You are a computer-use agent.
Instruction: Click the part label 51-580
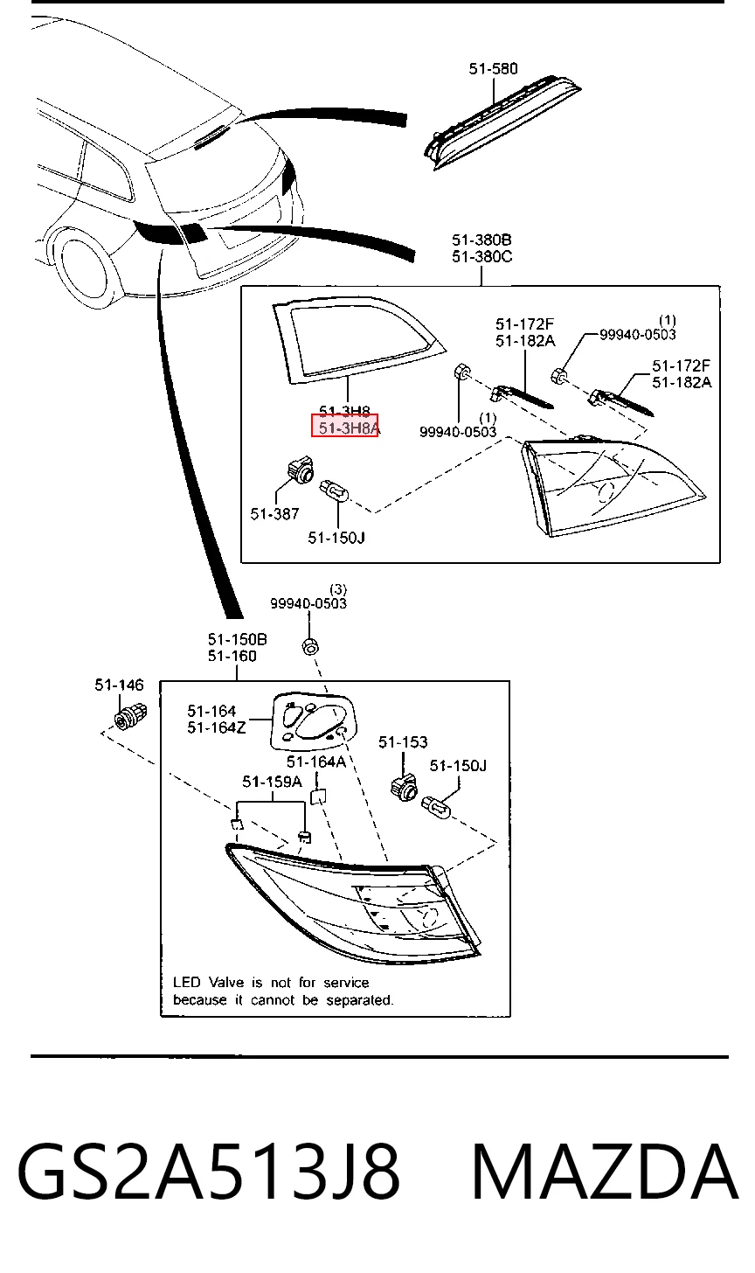click(x=493, y=69)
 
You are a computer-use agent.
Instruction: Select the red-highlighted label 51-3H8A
click(x=345, y=427)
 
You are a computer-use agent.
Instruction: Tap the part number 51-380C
click(x=481, y=257)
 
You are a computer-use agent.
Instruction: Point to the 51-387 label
click(x=274, y=514)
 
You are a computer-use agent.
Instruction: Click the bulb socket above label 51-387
click(x=300, y=470)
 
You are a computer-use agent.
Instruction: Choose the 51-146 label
click(x=120, y=685)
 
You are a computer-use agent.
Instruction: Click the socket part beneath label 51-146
click(x=131, y=715)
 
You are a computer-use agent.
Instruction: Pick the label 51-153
click(x=403, y=742)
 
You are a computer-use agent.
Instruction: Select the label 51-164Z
click(x=217, y=727)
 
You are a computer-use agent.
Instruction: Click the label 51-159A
click(x=272, y=782)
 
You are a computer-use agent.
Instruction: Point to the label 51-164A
click(x=315, y=762)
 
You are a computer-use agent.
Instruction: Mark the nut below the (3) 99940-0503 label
click(x=310, y=646)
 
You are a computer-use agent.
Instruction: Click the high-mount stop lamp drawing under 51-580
click(x=502, y=122)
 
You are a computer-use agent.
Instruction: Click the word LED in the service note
click(x=187, y=983)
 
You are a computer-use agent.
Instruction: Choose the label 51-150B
click(x=237, y=639)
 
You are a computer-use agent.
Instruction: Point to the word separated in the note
click(x=359, y=999)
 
